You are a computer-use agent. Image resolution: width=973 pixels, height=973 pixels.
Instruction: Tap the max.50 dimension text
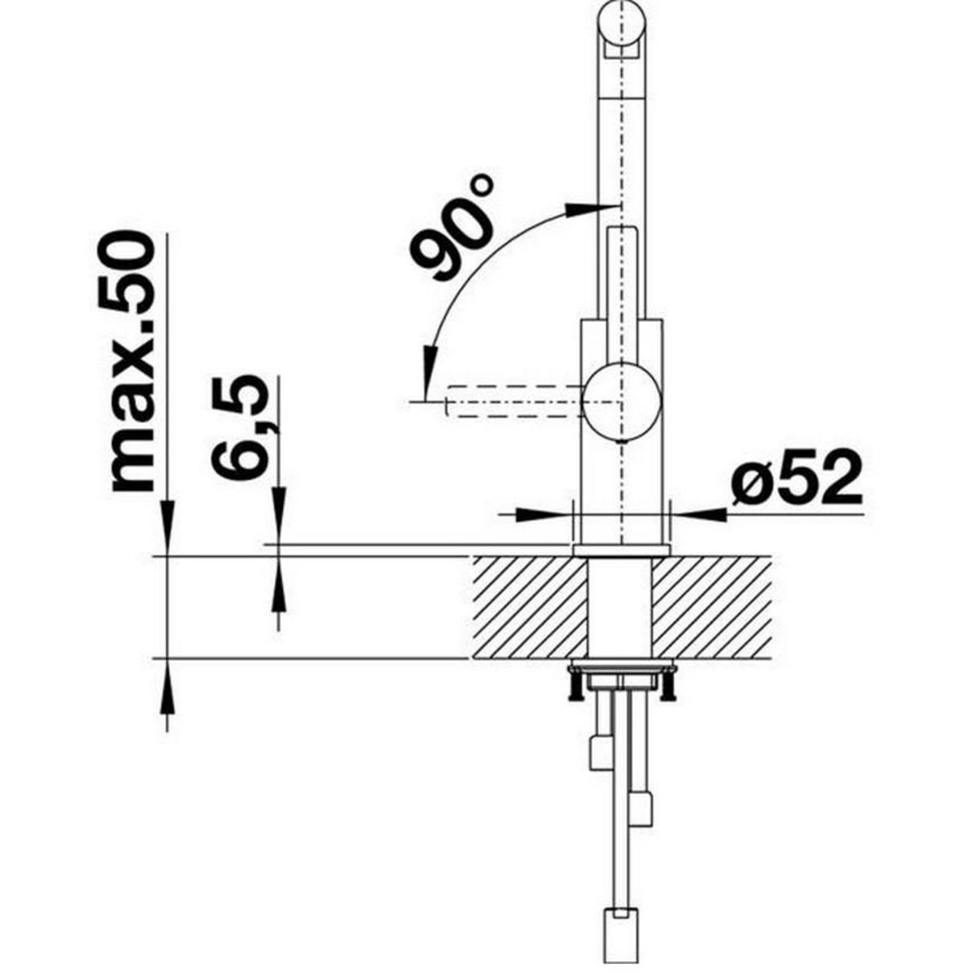click(x=132, y=362)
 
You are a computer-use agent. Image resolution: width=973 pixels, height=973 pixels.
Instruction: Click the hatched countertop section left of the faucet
click(x=530, y=607)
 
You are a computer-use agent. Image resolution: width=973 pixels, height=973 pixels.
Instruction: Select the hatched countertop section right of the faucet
click(x=712, y=607)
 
